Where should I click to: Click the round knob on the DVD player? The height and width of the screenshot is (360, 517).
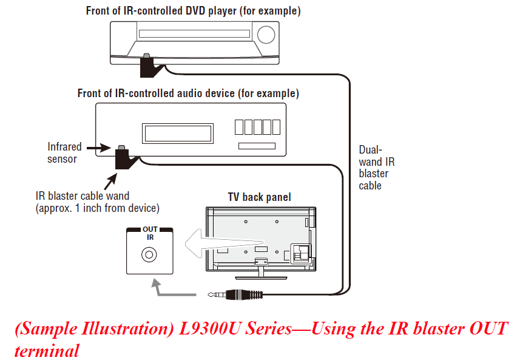click(266, 35)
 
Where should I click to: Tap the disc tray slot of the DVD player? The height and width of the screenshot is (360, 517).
click(194, 34)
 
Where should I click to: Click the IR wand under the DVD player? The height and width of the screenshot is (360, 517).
click(148, 66)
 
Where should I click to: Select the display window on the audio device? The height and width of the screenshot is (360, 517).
click(178, 132)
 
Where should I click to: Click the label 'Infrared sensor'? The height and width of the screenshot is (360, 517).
click(63, 152)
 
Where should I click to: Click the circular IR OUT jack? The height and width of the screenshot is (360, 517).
click(147, 255)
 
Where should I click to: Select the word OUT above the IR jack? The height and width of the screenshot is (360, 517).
click(149, 229)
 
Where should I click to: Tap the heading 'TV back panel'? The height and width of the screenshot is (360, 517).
click(259, 197)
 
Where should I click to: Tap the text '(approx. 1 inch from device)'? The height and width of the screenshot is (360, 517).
click(97, 208)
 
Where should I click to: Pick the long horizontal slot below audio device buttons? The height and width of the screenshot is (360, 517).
click(257, 146)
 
